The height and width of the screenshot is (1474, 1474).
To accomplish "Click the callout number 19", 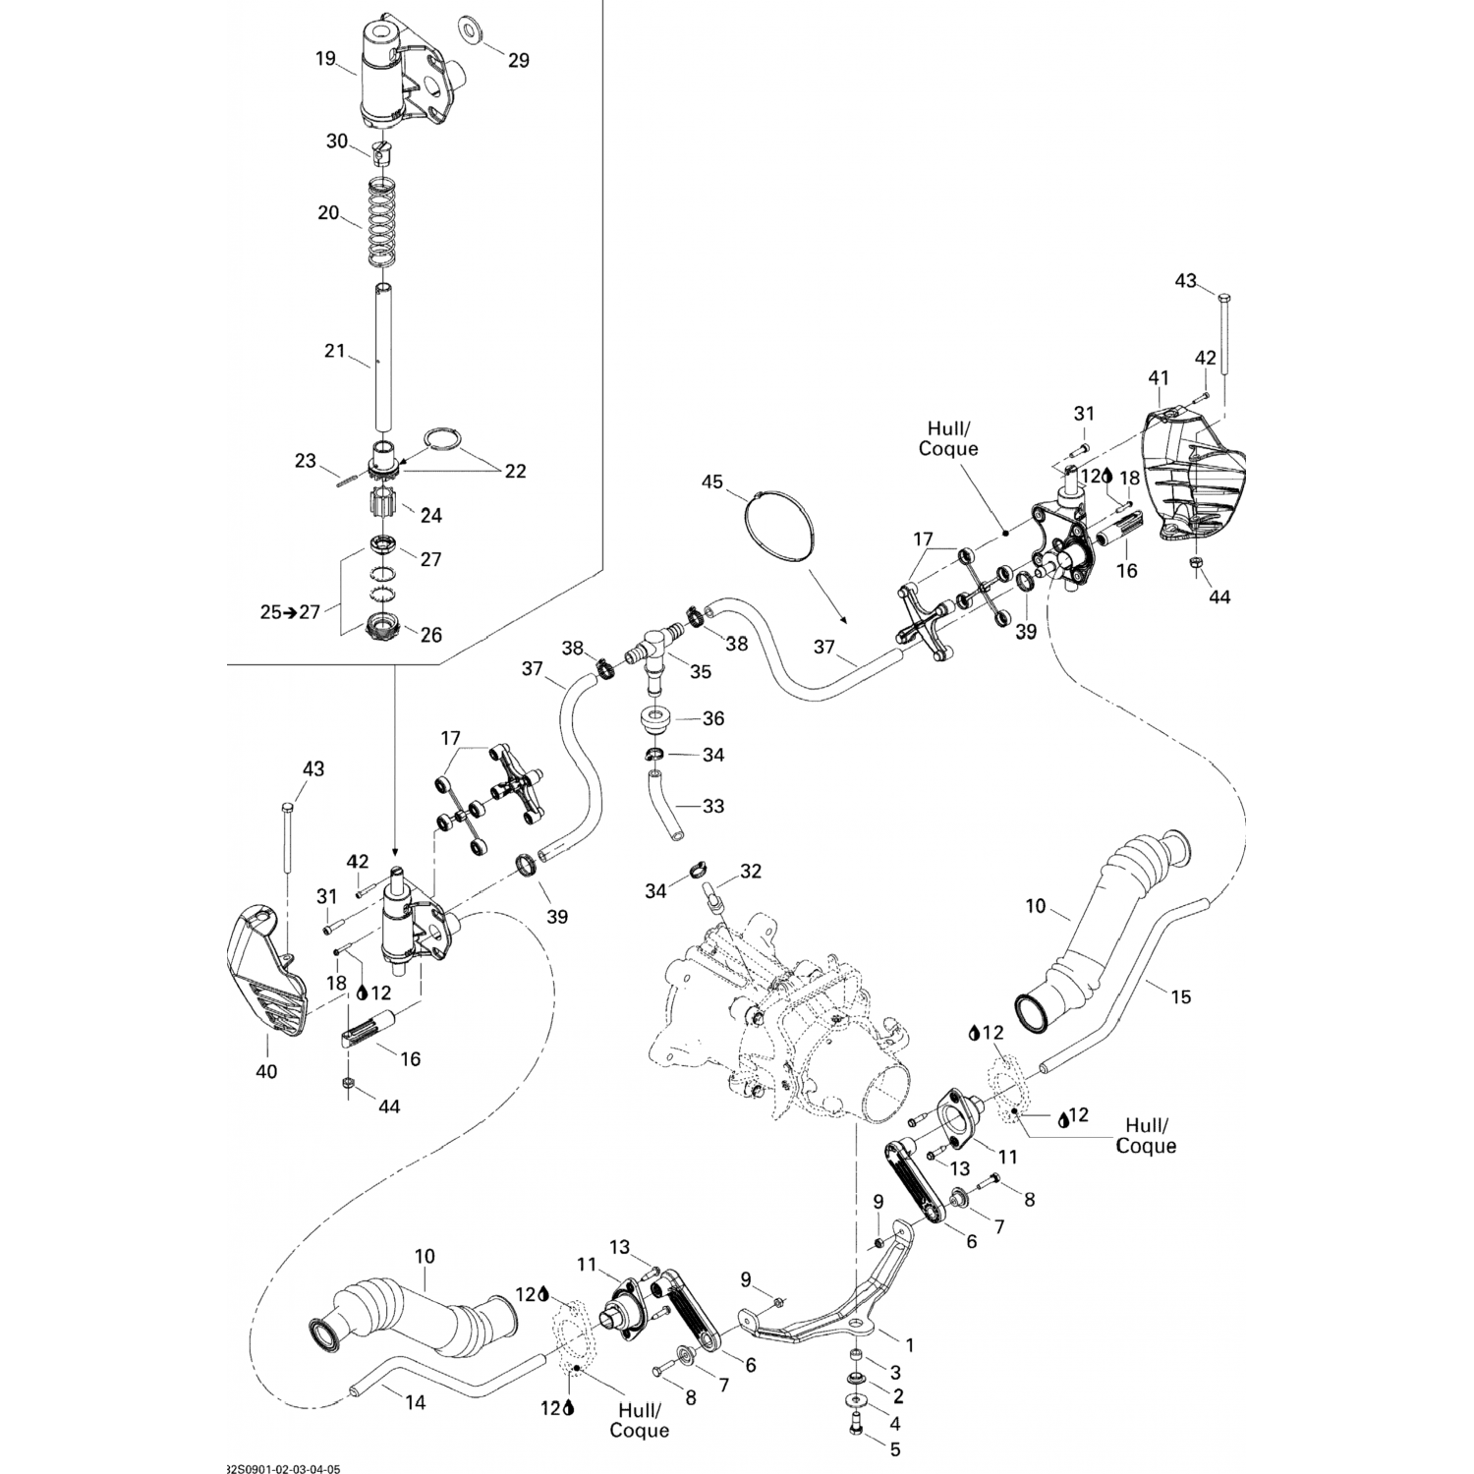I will [326, 58].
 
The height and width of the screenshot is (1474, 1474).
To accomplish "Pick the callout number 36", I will [712, 718].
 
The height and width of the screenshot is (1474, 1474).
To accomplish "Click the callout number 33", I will [712, 806].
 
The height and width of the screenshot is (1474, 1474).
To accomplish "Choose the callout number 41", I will [1160, 377].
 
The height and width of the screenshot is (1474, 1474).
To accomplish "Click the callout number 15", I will [1181, 996].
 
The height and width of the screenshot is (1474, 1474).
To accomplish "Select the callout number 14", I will [416, 1403].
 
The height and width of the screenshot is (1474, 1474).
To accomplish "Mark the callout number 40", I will [266, 1071].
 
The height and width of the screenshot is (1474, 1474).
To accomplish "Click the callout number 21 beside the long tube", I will [335, 350].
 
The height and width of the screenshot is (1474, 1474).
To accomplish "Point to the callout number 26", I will [430, 635].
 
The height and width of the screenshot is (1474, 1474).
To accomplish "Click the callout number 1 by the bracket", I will [909, 1344].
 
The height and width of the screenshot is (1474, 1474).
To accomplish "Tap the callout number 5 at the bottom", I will [894, 1448].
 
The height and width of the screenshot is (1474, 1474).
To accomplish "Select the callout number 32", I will [751, 871].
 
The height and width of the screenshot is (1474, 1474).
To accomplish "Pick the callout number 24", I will [430, 514].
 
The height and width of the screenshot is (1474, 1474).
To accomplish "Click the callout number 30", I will [337, 141].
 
